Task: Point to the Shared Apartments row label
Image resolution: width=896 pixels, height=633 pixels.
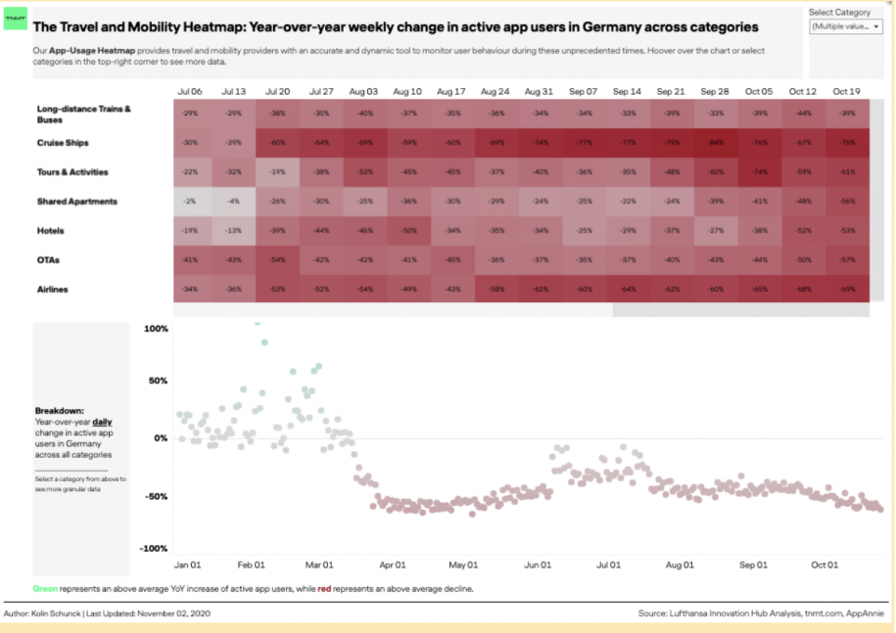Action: [77, 202]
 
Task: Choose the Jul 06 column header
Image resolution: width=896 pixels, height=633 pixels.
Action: [190, 91]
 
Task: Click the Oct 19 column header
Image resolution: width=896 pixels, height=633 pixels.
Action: [846, 91]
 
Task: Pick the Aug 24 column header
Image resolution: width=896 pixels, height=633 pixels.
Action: [495, 91]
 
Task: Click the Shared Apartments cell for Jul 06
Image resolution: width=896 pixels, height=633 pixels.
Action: [190, 202]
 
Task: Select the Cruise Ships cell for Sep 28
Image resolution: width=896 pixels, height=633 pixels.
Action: [716, 143]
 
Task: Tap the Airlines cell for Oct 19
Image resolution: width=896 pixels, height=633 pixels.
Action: [846, 289]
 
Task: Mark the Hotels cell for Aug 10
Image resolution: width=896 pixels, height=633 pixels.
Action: [408, 231]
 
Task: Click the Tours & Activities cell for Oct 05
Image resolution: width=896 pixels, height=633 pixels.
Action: [759, 172]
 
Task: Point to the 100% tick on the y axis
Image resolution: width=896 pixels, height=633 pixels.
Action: [156, 329]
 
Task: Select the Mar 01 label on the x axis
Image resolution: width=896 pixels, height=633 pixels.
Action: [320, 565]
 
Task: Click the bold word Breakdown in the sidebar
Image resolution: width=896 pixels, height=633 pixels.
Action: [59, 411]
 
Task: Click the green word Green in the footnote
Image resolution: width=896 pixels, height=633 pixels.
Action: [45, 589]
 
